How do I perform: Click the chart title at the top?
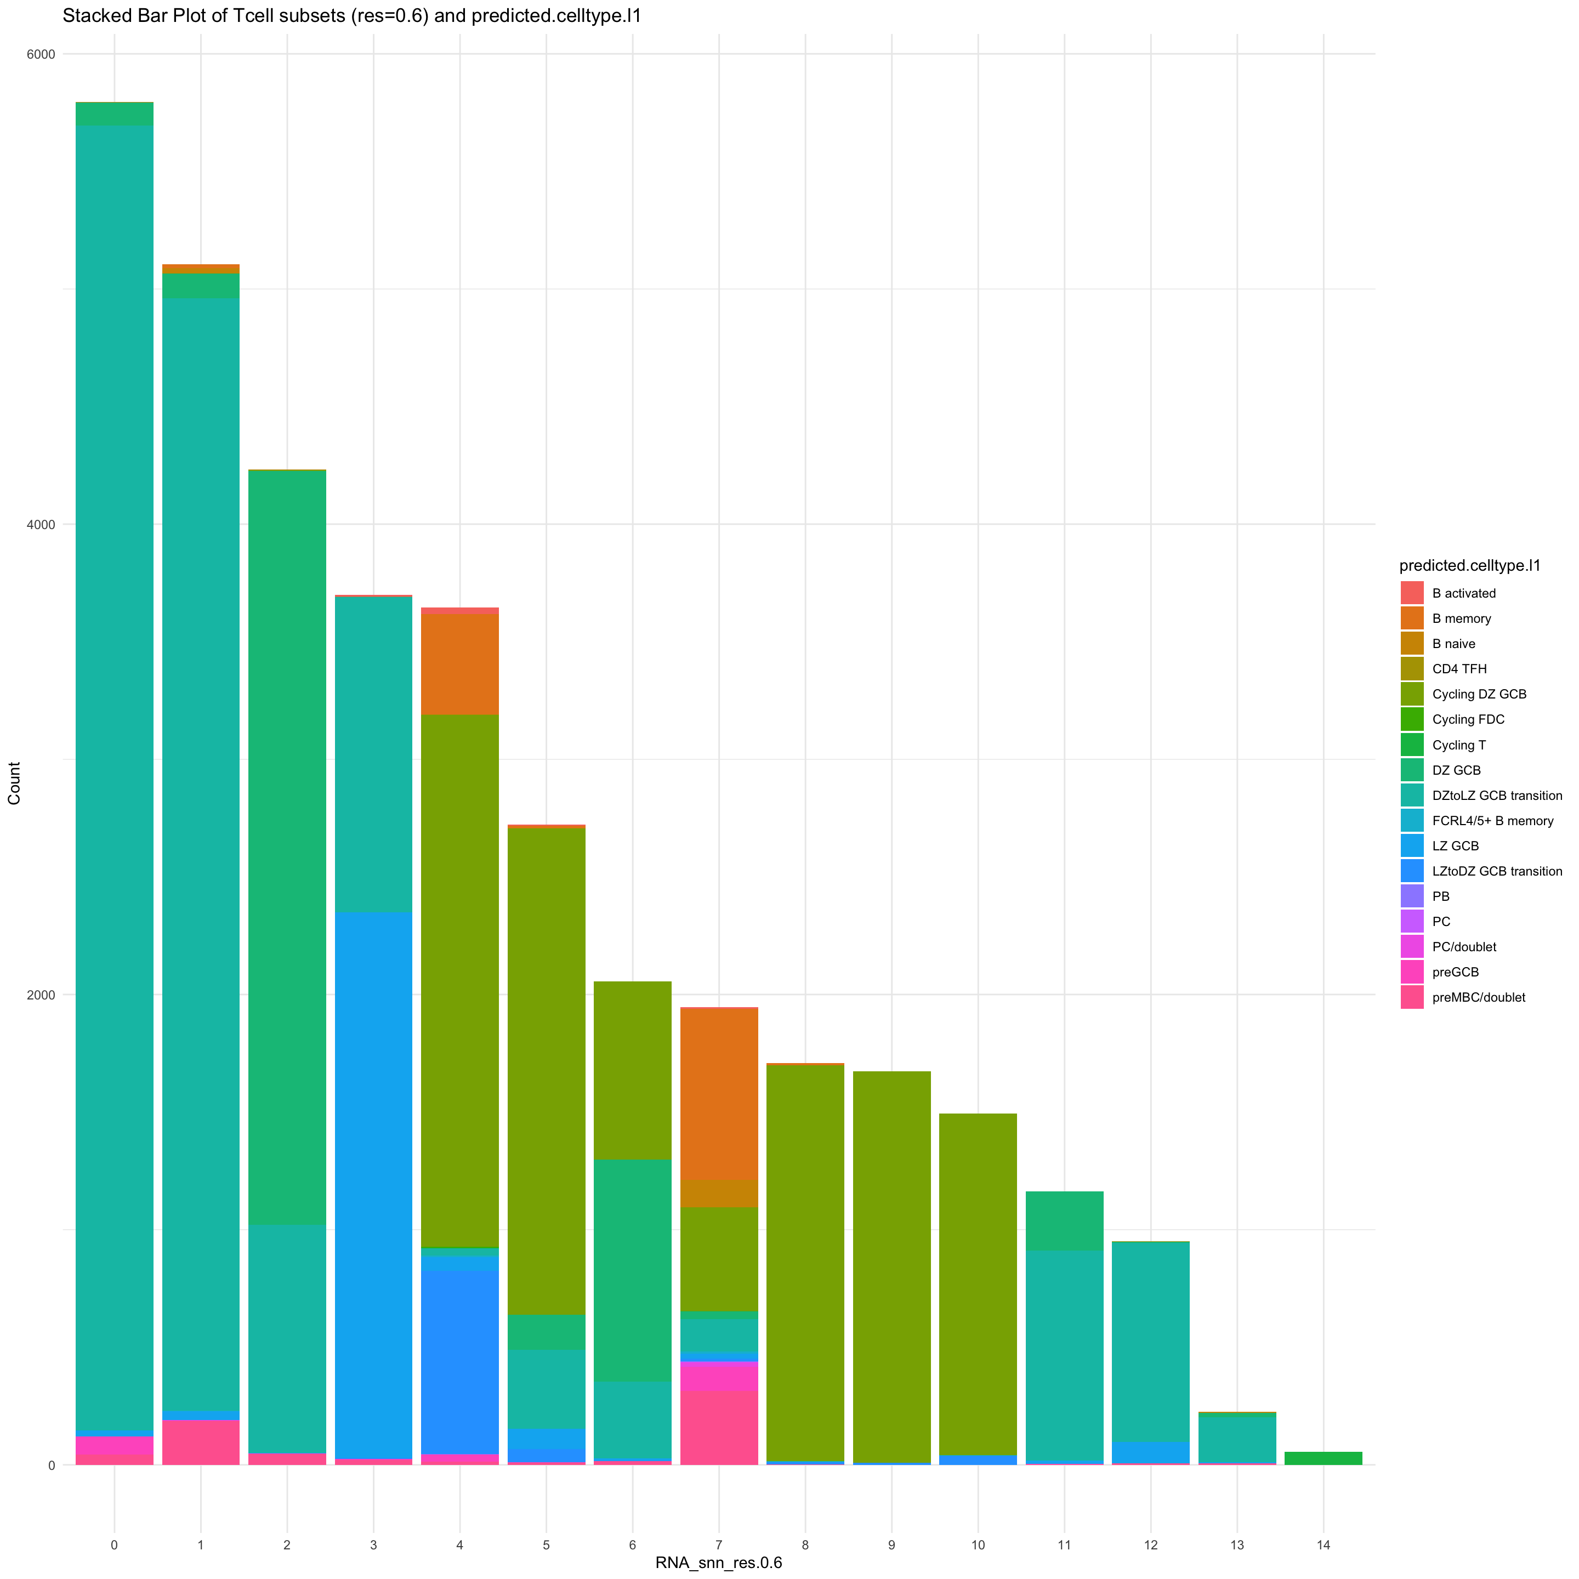(x=351, y=16)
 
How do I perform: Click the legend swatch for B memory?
(x=1411, y=618)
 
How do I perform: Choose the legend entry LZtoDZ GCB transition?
(x=1496, y=871)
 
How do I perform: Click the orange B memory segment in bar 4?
(x=460, y=663)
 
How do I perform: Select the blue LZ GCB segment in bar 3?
(x=373, y=1185)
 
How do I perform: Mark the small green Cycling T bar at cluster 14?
(x=1323, y=1458)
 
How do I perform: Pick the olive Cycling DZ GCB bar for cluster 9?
(x=891, y=1267)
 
